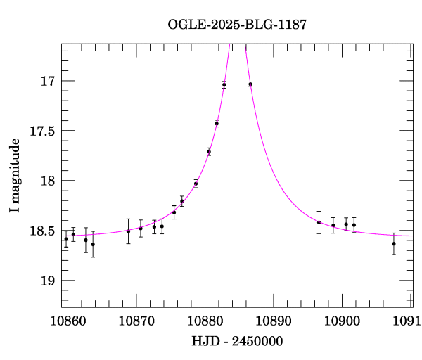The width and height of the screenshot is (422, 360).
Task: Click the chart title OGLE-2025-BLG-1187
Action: click(237, 25)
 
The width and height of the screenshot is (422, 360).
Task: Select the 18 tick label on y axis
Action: click(49, 181)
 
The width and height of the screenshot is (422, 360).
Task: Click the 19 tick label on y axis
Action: click(49, 281)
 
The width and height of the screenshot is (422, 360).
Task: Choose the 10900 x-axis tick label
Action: click(343, 321)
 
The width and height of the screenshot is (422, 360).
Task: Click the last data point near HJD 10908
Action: click(394, 244)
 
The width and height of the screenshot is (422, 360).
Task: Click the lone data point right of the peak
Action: click(250, 84)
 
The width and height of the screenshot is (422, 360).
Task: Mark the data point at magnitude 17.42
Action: click(217, 124)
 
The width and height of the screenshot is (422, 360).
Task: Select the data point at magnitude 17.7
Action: click(209, 151)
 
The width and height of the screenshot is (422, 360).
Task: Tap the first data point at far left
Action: click(66, 239)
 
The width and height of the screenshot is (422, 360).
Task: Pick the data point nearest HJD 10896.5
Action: click(319, 222)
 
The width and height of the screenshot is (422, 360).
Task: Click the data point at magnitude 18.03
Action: click(196, 184)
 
